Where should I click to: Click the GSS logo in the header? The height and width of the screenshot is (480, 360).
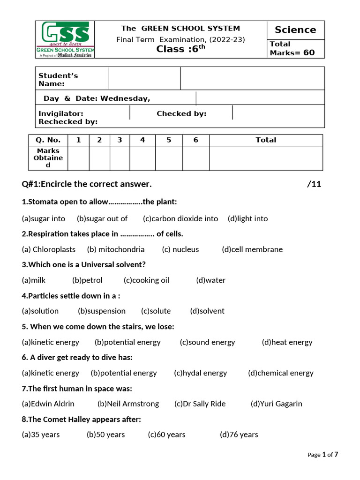coord(65,39)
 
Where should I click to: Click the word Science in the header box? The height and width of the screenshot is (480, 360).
coord(295,30)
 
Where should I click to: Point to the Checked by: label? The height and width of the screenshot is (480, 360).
coord(181,113)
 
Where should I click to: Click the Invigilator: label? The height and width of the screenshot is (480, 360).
coord(61,113)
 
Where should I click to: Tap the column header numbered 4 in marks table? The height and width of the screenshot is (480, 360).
coord(142,140)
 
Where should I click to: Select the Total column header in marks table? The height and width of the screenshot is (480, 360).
coord(266,140)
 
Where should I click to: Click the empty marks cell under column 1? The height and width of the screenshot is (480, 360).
coord(79,158)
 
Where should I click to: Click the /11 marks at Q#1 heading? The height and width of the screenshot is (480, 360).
coord(314,184)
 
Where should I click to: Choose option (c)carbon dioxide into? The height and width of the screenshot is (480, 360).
coord(180,218)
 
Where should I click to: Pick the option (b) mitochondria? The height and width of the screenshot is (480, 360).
coord(116,249)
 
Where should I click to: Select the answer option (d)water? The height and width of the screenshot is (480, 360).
coord(211,280)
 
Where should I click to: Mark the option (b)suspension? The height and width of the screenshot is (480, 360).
coord(102,311)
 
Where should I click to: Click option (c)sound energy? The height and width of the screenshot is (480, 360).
coord(207,342)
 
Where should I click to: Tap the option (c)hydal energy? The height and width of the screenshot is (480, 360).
coord(200,373)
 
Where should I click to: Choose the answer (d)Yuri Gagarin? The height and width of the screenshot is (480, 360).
coord(276,404)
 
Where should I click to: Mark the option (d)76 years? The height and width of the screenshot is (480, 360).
coord(239,435)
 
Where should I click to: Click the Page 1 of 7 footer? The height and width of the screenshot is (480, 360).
coord(322,454)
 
